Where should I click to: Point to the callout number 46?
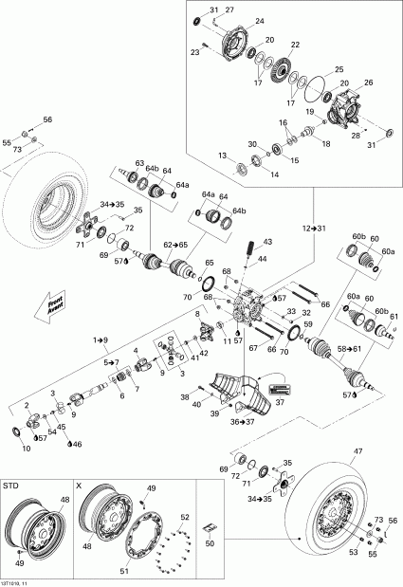pos(76,444)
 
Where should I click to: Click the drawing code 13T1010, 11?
pos(19,580)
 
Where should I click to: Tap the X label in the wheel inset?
pos(80,485)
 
